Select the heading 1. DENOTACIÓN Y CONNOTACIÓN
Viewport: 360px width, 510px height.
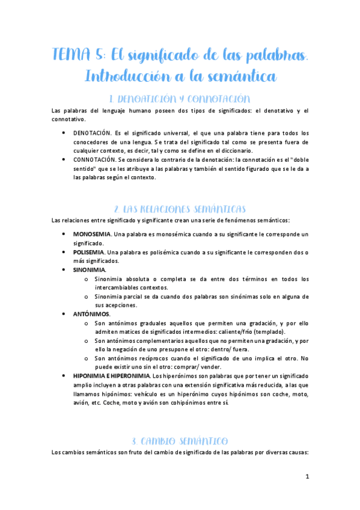(180, 99)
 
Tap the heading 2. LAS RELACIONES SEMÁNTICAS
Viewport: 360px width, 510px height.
(180, 209)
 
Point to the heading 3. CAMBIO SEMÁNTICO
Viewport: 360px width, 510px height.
(180, 440)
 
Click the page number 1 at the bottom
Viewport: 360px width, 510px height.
(307, 477)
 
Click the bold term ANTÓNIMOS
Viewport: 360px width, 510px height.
(91, 314)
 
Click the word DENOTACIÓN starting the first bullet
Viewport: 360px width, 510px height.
(92, 133)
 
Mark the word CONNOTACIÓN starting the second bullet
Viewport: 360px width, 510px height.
(94, 160)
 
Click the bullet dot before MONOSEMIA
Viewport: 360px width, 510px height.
(64, 233)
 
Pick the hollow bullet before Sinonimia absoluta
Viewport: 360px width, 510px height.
(87, 279)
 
